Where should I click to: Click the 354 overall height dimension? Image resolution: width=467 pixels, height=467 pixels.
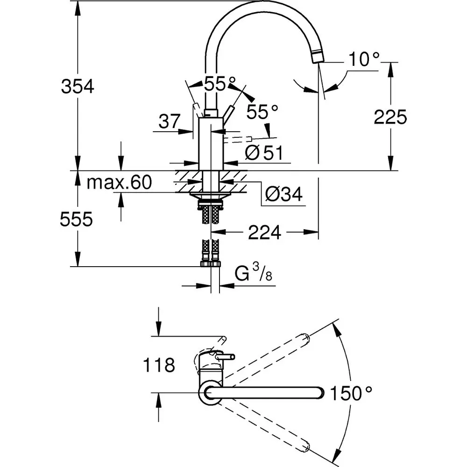(78, 86)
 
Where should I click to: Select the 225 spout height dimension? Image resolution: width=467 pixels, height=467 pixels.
(390, 117)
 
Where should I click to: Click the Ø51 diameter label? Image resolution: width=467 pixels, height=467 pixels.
(264, 153)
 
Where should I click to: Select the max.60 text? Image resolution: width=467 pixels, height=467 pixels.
(120, 183)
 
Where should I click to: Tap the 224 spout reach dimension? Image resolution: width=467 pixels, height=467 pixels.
(265, 232)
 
